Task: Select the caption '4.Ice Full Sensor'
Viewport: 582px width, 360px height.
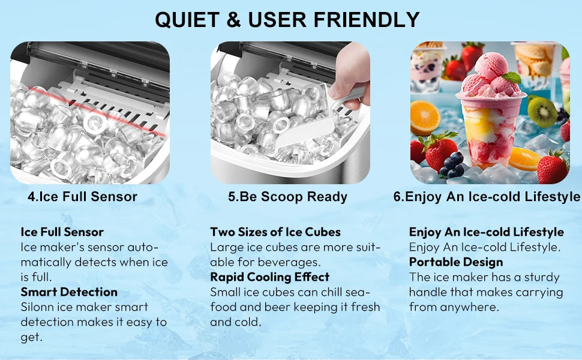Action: [82, 196]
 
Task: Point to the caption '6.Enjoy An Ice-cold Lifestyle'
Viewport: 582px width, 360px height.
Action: [487, 196]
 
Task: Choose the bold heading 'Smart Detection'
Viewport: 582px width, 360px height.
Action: [69, 292]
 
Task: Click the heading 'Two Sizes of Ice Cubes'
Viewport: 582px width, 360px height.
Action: [275, 232]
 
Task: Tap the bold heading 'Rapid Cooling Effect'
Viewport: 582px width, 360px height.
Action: [269, 277]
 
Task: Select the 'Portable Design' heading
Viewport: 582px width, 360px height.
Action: [456, 262]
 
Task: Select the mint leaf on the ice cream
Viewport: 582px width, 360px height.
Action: [511, 78]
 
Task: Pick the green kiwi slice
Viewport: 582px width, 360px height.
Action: [543, 111]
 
